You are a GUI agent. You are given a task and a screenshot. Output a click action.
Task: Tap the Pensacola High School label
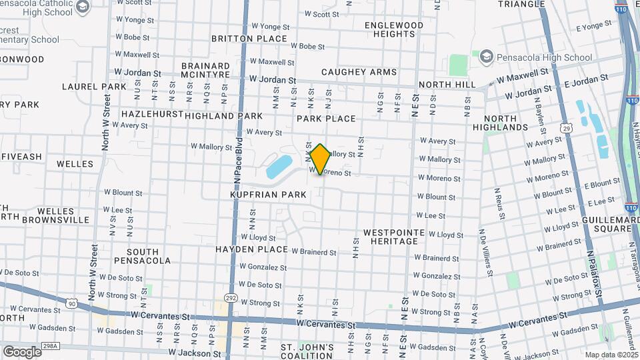(x=544, y=57)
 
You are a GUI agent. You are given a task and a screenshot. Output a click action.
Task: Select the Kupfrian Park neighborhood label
(x=268, y=195)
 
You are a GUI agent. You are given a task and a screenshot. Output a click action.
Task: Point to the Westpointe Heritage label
(x=390, y=237)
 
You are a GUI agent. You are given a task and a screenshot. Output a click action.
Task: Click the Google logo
(x=22, y=351)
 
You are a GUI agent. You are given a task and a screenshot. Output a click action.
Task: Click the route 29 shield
(x=565, y=127)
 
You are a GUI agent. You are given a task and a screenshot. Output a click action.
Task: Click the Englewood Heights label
(x=394, y=29)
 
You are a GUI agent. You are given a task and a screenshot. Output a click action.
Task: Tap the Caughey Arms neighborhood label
(x=359, y=72)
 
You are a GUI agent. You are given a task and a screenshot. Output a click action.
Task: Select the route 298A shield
(x=51, y=346)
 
